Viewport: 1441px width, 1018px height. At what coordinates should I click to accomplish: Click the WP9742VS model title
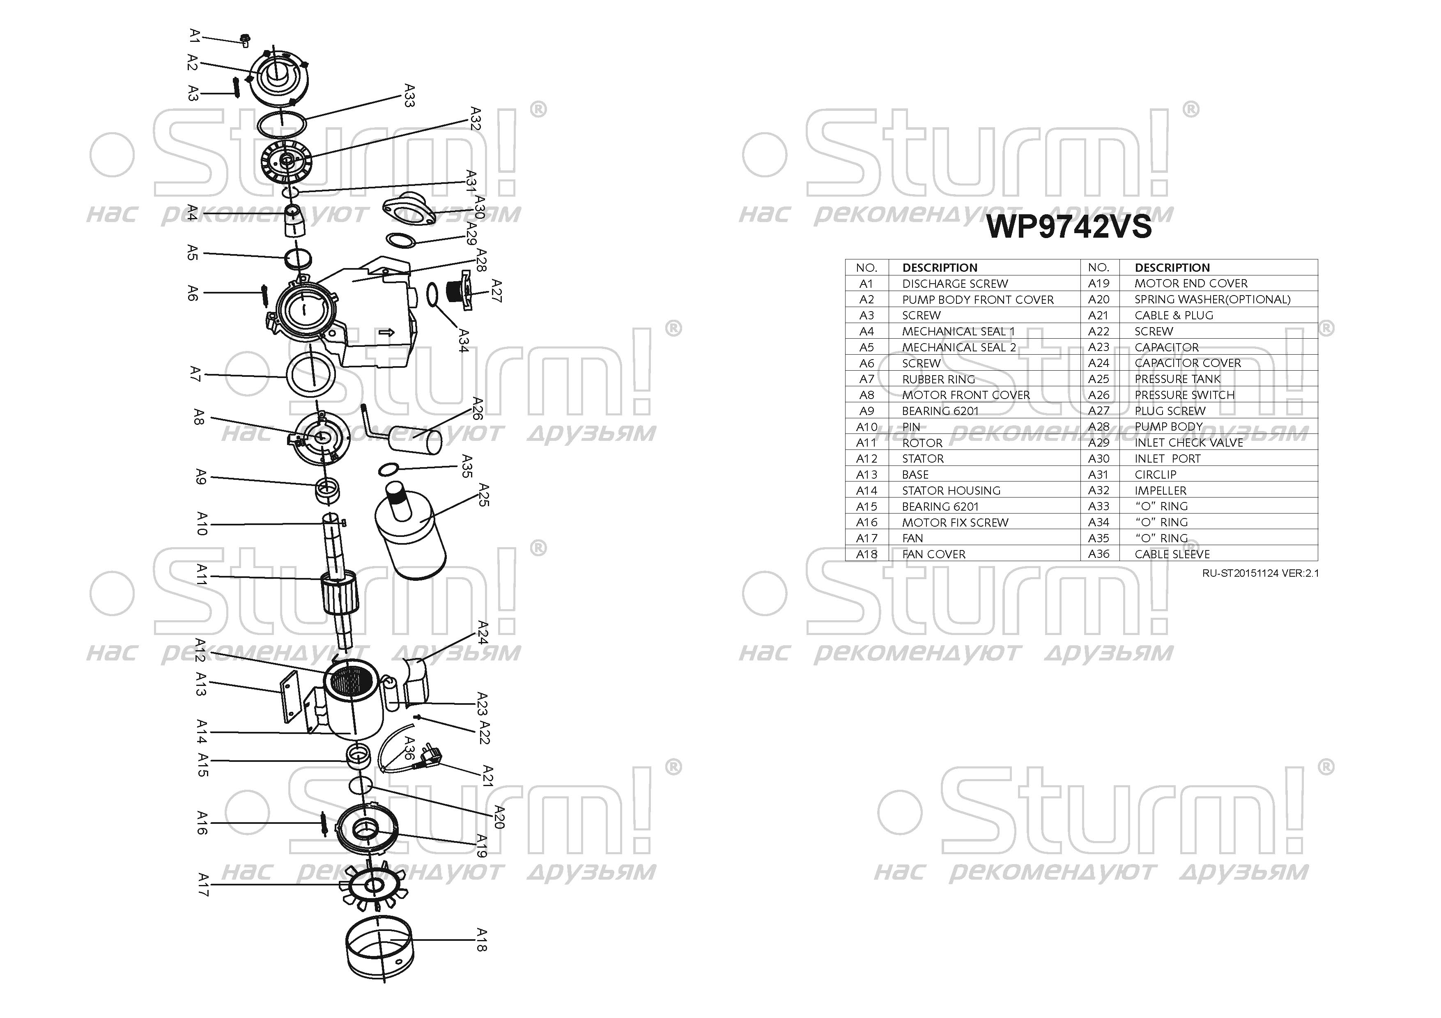1069,227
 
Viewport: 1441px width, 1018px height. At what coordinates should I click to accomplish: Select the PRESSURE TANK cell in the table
1177,379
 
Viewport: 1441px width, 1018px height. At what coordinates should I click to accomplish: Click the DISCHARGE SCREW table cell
955,284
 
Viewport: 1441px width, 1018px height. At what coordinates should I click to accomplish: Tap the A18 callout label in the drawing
481,940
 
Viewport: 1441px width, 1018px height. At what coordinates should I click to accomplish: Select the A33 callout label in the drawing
409,96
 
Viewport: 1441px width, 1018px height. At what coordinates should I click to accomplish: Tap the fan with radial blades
375,886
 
